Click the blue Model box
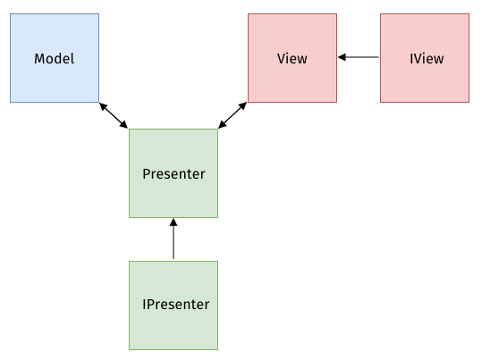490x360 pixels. (55, 58)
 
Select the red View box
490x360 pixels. (292, 58)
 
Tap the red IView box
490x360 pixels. (425, 58)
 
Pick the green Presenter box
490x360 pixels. (173, 173)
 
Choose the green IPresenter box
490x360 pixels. (173, 306)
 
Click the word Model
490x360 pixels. (55, 58)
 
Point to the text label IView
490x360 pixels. (427, 58)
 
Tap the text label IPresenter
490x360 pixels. (175, 305)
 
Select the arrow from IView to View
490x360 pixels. (359, 57)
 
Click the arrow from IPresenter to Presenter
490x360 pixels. (173, 239)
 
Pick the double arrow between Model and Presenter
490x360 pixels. (114, 115)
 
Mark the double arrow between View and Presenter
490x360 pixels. (232, 115)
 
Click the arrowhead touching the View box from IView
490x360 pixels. (342, 57)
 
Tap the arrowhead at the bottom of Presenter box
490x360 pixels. (173, 222)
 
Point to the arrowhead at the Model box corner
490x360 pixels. (103, 106)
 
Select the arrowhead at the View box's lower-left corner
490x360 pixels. (243, 105)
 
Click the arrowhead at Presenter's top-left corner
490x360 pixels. (124, 124)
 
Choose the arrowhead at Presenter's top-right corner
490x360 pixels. (222, 124)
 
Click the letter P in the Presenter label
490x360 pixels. (147, 174)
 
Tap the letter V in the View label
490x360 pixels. (282, 58)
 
